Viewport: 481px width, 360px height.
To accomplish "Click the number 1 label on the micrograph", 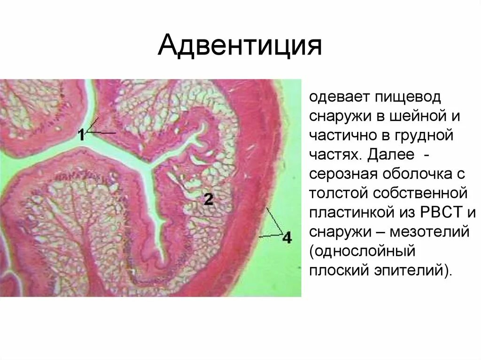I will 81,135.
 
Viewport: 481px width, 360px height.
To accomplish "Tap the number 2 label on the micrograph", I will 209,199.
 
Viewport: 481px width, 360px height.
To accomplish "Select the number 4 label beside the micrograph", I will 287,238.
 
